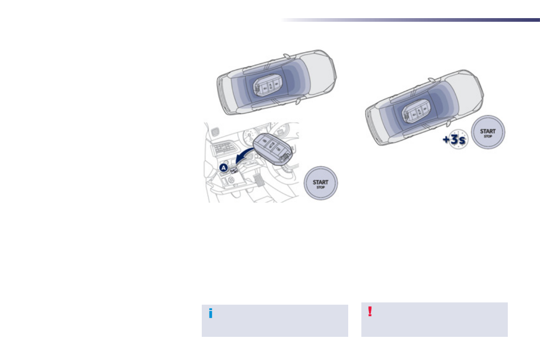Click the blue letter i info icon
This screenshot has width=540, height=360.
coord(211,313)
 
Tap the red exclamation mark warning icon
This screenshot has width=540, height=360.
coord(370,311)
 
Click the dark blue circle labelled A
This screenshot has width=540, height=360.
coord(224,168)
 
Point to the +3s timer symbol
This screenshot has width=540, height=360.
coord(455,140)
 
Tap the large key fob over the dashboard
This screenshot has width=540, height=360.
coord(273,148)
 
